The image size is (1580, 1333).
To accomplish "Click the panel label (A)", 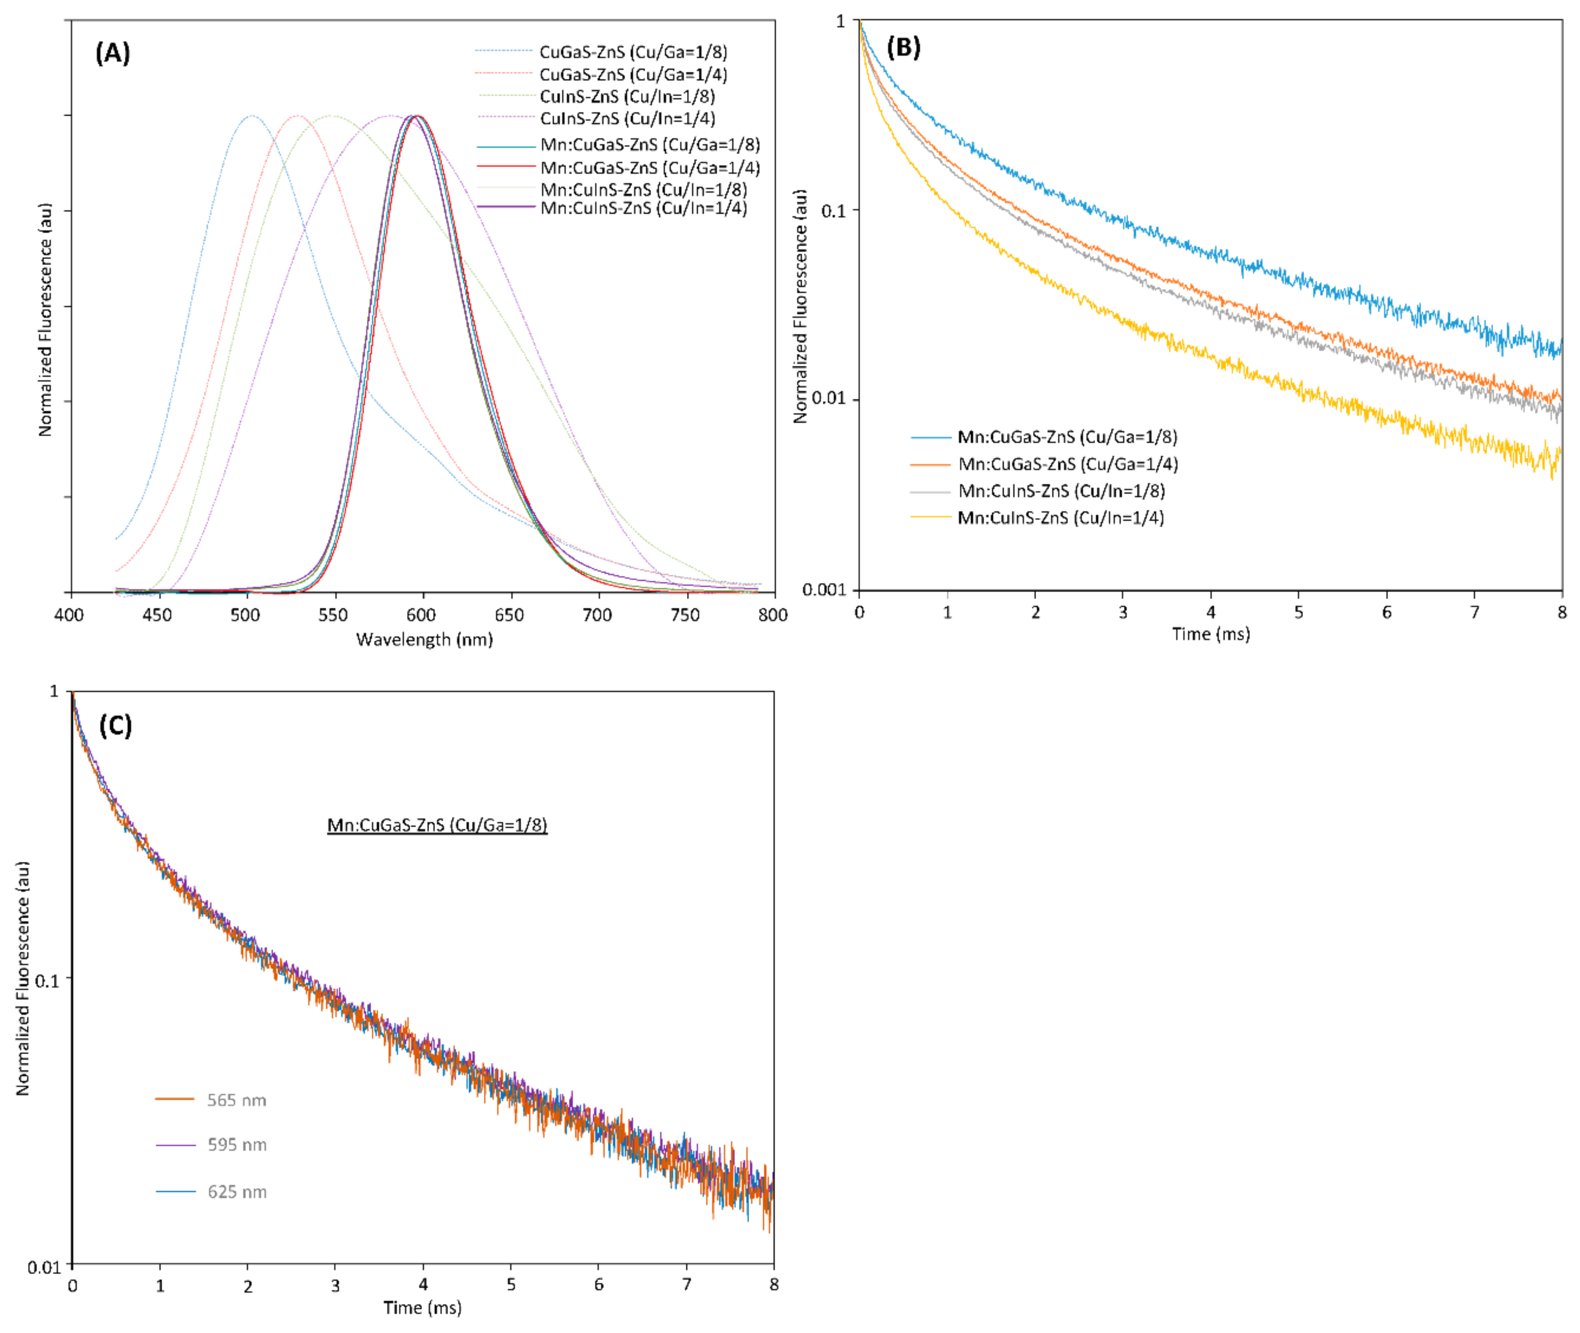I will [x=113, y=53].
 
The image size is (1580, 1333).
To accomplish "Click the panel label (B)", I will [x=903, y=47].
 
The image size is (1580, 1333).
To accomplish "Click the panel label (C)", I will [x=115, y=726].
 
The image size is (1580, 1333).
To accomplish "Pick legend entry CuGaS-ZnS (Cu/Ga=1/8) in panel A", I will [x=633, y=52].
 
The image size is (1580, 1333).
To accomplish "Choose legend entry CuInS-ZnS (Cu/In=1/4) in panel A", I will [x=626, y=119].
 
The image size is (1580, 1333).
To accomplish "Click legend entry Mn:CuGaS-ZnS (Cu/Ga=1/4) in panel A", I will [x=650, y=168].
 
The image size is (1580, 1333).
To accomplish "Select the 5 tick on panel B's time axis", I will [x=1299, y=612].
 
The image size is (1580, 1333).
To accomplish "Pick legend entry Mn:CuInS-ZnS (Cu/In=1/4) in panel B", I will [x=1060, y=518].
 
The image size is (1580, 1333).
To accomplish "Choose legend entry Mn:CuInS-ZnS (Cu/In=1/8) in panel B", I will [x=1061, y=491].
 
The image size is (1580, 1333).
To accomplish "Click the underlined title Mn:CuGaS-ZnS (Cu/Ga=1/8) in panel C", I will [x=437, y=825].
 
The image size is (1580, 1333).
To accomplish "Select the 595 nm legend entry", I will [x=236, y=1145].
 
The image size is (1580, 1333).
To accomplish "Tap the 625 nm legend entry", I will [x=236, y=1192].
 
